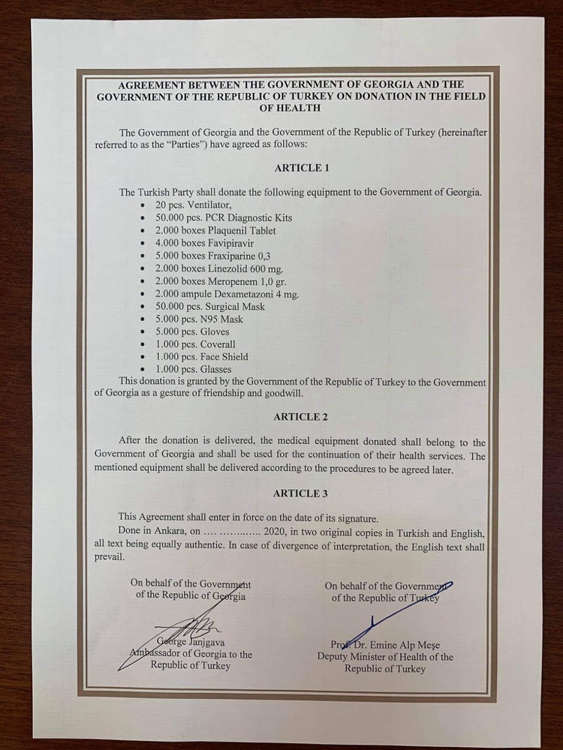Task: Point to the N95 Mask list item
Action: tap(198, 319)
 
